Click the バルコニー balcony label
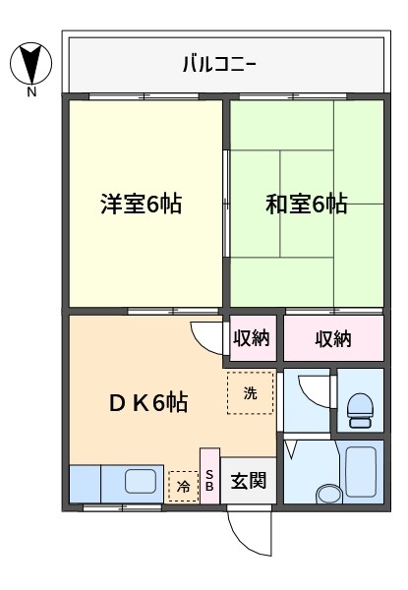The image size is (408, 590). [219, 64]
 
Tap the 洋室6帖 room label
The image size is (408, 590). [141, 204]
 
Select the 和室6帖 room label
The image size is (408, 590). [306, 204]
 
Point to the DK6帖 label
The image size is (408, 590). [148, 402]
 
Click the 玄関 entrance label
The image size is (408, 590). [248, 481]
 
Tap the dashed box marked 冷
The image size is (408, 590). [184, 486]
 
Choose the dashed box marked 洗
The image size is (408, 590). [250, 392]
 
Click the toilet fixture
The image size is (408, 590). [360, 410]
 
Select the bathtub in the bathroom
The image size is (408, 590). [361, 471]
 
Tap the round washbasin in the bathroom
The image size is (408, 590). [328, 494]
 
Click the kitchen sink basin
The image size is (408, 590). [141, 481]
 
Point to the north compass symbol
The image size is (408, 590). [30, 63]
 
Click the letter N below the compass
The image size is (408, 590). [31, 91]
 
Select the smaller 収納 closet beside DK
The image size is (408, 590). [253, 338]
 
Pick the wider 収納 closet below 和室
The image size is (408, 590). [333, 338]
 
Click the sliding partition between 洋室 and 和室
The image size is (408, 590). [226, 204]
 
